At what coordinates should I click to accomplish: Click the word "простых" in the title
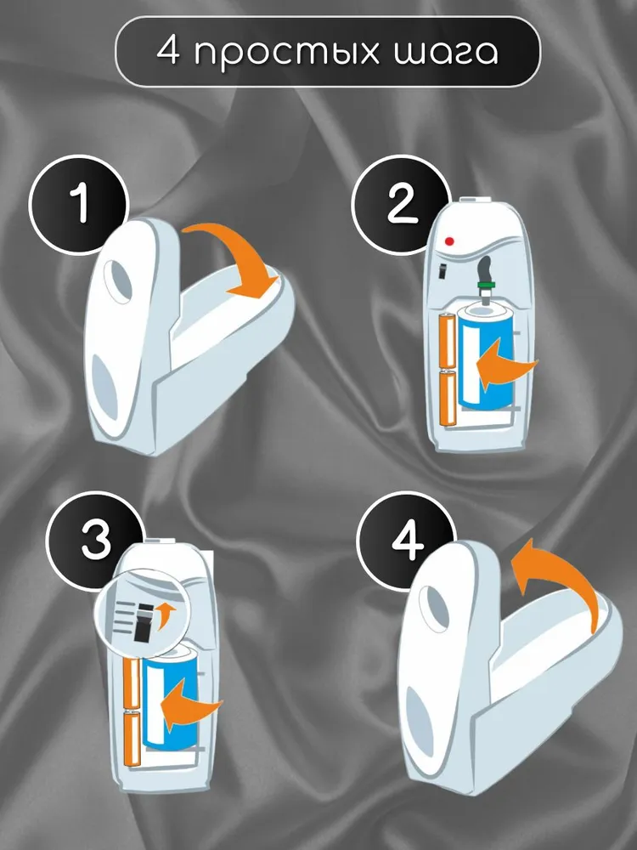click(287, 53)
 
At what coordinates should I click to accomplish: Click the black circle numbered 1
click(78, 205)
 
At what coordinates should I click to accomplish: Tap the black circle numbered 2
click(401, 205)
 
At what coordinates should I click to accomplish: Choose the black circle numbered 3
click(95, 541)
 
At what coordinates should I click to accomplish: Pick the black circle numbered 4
click(406, 541)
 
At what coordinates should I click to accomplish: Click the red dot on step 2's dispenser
click(448, 241)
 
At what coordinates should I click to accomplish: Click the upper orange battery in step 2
click(448, 342)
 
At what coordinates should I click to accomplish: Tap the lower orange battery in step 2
click(448, 399)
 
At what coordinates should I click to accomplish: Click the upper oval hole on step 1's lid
click(119, 280)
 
